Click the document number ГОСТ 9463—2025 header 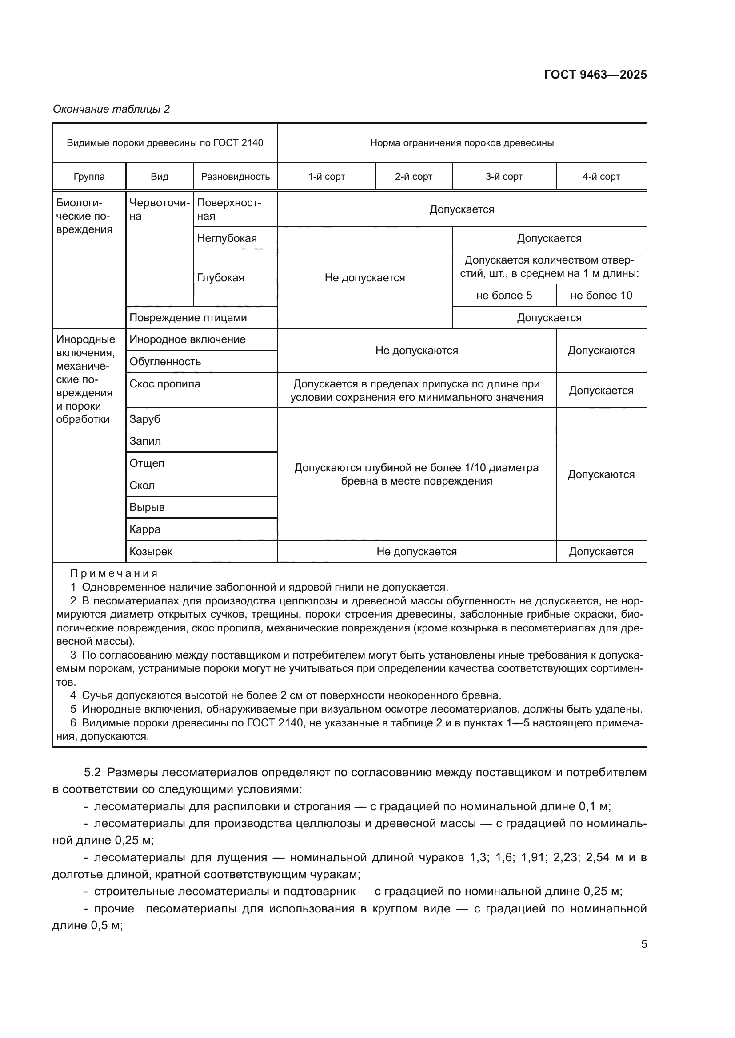(595, 75)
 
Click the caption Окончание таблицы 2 (112, 109)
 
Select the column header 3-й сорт (504, 177)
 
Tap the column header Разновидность (235, 177)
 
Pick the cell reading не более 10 (601, 296)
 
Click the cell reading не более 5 (504, 296)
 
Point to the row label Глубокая (220, 277)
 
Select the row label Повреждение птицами (188, 318)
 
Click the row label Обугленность (165, 362)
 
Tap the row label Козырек (151, 552)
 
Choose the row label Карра (145, 529)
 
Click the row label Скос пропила (165, 384)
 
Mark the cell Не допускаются (416, 351)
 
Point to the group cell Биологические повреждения (84, 216)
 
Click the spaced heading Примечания (114, 574)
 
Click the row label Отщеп (147, 463)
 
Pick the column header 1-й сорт (326, 177)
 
